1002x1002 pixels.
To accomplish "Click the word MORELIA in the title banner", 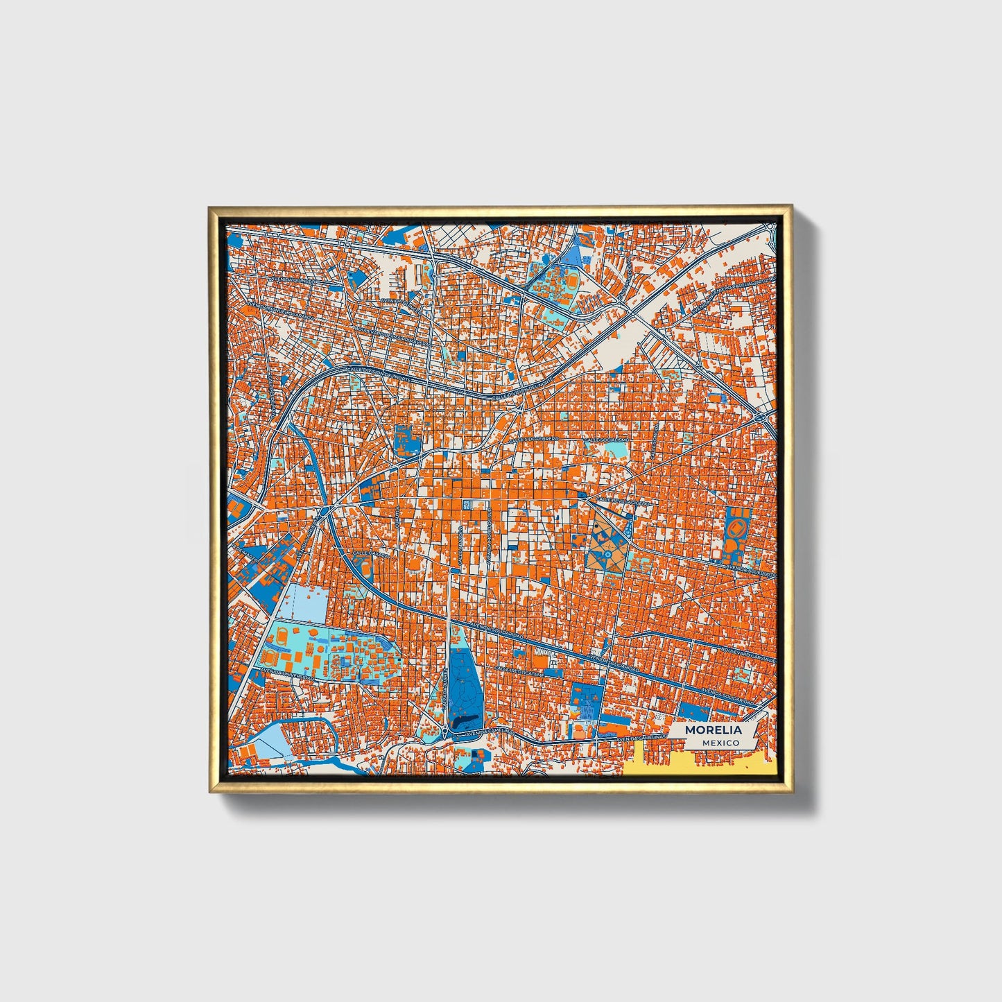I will coord(713,730).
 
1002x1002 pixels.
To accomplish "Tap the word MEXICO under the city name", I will coord(719,743).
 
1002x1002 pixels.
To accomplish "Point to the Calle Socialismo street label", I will coord(607,440).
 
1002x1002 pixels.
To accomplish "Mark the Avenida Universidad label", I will coord(284,673).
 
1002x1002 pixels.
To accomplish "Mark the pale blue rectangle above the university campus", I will coord(304,602).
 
